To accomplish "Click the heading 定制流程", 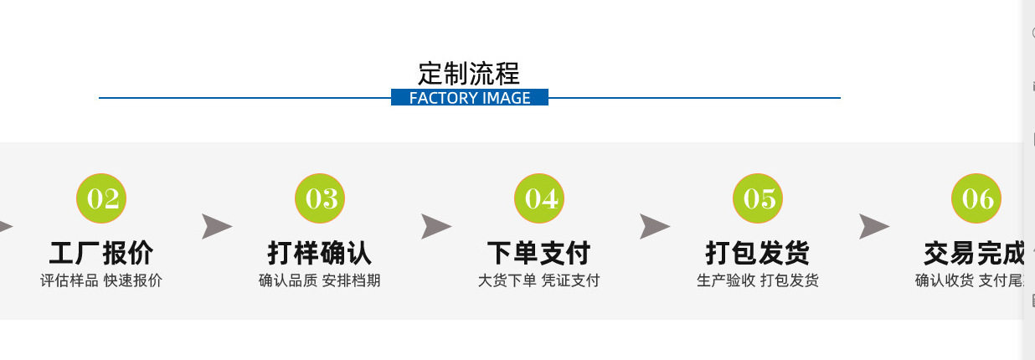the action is (x=469, y=73).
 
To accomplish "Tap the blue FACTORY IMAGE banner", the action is (x=469, y=98).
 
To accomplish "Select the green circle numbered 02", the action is (x=102, y=199).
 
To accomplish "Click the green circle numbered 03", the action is (x=321, y=199).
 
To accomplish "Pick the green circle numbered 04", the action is (x=540, y=199).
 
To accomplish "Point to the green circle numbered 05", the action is (x=759, y=199).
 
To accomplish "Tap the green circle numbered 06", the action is (x=977, y=199).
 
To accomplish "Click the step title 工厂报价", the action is (x=101, y=253).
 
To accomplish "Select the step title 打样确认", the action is (x=320, y=253).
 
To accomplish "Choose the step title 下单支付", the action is (x=539, y=253).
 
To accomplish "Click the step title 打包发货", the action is (x=758, y=253).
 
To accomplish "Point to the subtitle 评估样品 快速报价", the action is (x=101, y=280).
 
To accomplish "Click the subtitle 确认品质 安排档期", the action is (x=320, y=280).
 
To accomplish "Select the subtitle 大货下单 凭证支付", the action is (x=539, y=280).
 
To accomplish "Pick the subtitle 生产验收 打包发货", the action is (x=758, y=280).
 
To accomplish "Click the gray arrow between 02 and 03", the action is (x=216, y=226).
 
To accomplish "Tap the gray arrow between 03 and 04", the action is (x=435, y=226).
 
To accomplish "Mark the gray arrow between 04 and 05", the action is (x=655, y=226).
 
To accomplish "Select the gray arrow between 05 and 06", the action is (x=873, y=226).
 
